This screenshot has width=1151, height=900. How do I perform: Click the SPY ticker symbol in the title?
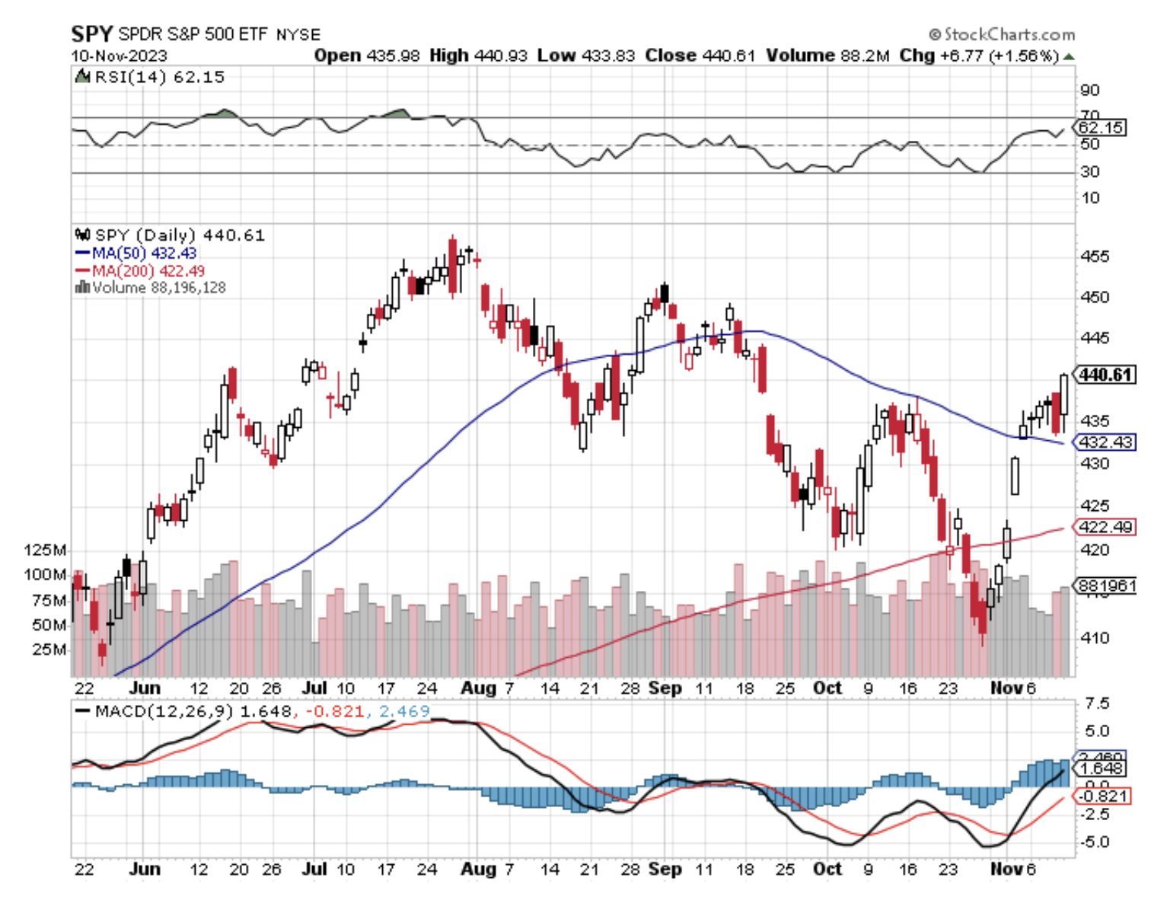[x=91, y=34]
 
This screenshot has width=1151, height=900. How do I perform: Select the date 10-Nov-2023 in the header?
[x=119, y=56]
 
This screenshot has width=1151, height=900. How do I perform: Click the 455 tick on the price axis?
[x=1095, y=257]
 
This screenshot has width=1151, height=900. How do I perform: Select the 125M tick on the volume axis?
[x=45, y=550]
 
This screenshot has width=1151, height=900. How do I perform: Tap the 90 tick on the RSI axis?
[x=1090, y=91]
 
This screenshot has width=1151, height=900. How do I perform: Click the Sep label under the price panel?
[x=665, y=688]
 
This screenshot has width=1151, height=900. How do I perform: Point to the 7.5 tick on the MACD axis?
[x=1097, y=703]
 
